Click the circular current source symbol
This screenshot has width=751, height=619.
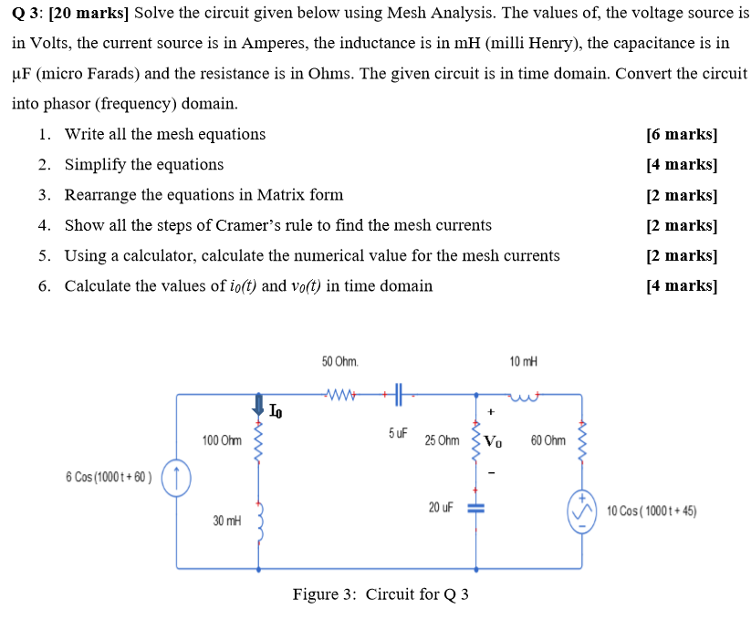(x=176, y=478)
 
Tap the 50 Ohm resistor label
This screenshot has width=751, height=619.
(x=339, y=362)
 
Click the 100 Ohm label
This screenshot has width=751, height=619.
(x=222, y=441)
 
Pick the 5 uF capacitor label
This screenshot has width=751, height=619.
(x=397, y=433)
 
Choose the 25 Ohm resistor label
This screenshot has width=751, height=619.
(x=442, y=440)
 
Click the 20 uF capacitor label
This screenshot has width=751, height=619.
(x=441, y=506)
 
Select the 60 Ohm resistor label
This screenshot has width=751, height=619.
(x=548, y=440)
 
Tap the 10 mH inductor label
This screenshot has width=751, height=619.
(x=525, y=362)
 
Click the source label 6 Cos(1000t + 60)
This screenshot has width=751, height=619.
(x=109, y=478)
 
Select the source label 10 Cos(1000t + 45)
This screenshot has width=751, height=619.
(x=652, y=511)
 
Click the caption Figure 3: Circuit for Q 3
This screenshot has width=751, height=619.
(x=381, y=594)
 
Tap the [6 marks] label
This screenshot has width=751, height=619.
(x=681, y=134)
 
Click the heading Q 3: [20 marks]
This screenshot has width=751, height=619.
(x=69, y=13)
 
